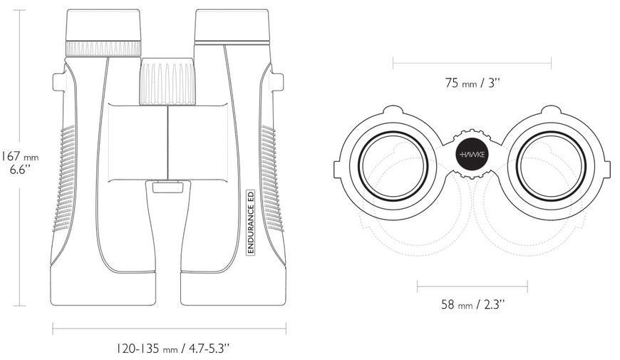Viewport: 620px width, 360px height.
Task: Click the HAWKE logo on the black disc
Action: coord(472,154)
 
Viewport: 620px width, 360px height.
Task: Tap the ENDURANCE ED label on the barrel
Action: coord(250,222)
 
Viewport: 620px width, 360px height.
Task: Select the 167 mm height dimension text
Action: coord(20,163)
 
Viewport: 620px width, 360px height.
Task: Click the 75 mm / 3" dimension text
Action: coord(472,83)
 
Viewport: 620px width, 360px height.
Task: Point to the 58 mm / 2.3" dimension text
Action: coord(472,304)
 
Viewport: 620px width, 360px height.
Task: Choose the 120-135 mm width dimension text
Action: coord(172,349)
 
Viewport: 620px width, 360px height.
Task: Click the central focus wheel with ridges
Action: coord(167,82)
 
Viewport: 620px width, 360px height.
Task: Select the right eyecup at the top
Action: coord(232,26)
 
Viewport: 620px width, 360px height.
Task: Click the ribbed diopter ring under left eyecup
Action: coord(103,48)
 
